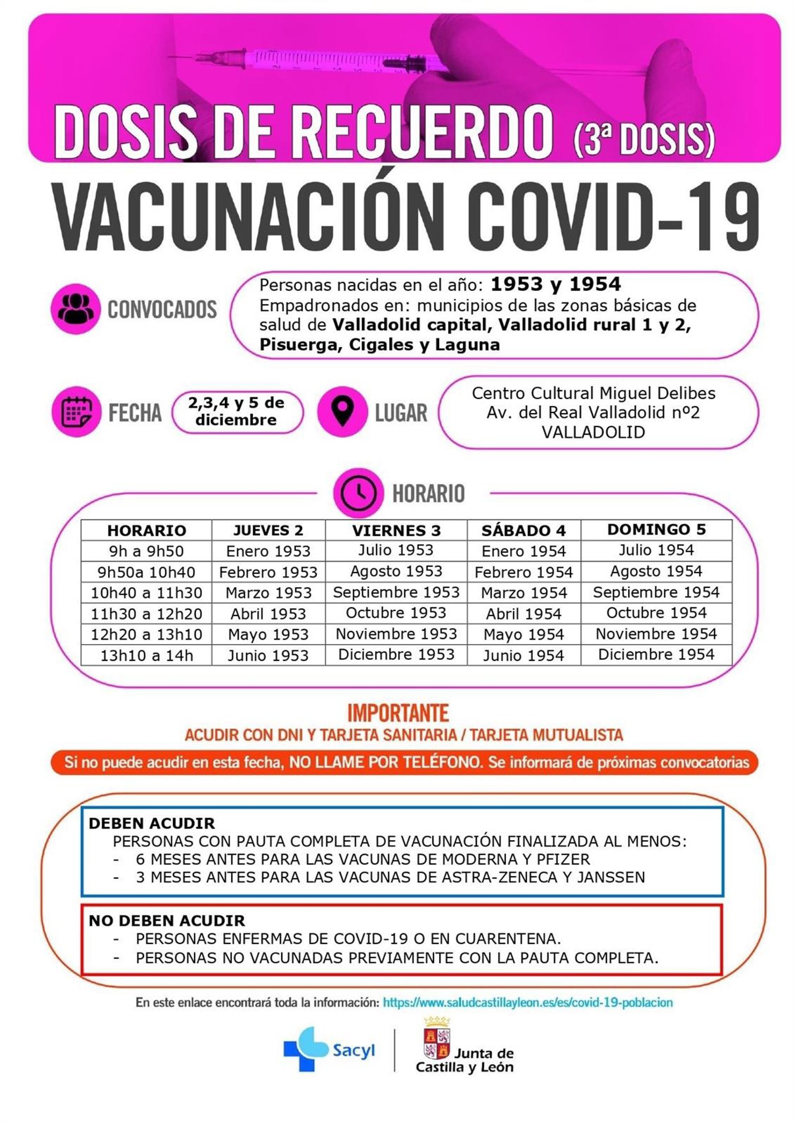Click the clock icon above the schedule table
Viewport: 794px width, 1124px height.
point(358,492)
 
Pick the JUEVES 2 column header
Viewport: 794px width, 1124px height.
point(268,530)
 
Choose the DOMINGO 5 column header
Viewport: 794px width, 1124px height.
point(656,529)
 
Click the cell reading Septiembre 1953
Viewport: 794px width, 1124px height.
point(396,592)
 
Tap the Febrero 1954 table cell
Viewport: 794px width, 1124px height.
point(524,572)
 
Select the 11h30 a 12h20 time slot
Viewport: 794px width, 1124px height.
point(146,613)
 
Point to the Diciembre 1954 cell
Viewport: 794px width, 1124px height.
point(656,654)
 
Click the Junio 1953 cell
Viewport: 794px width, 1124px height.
point(268,656)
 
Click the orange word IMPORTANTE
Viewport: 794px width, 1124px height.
point(398,713)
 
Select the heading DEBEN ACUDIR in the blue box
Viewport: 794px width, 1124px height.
point(152,823)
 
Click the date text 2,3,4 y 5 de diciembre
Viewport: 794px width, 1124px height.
point(236,411)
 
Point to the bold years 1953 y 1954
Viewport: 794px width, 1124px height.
point(555,284)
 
